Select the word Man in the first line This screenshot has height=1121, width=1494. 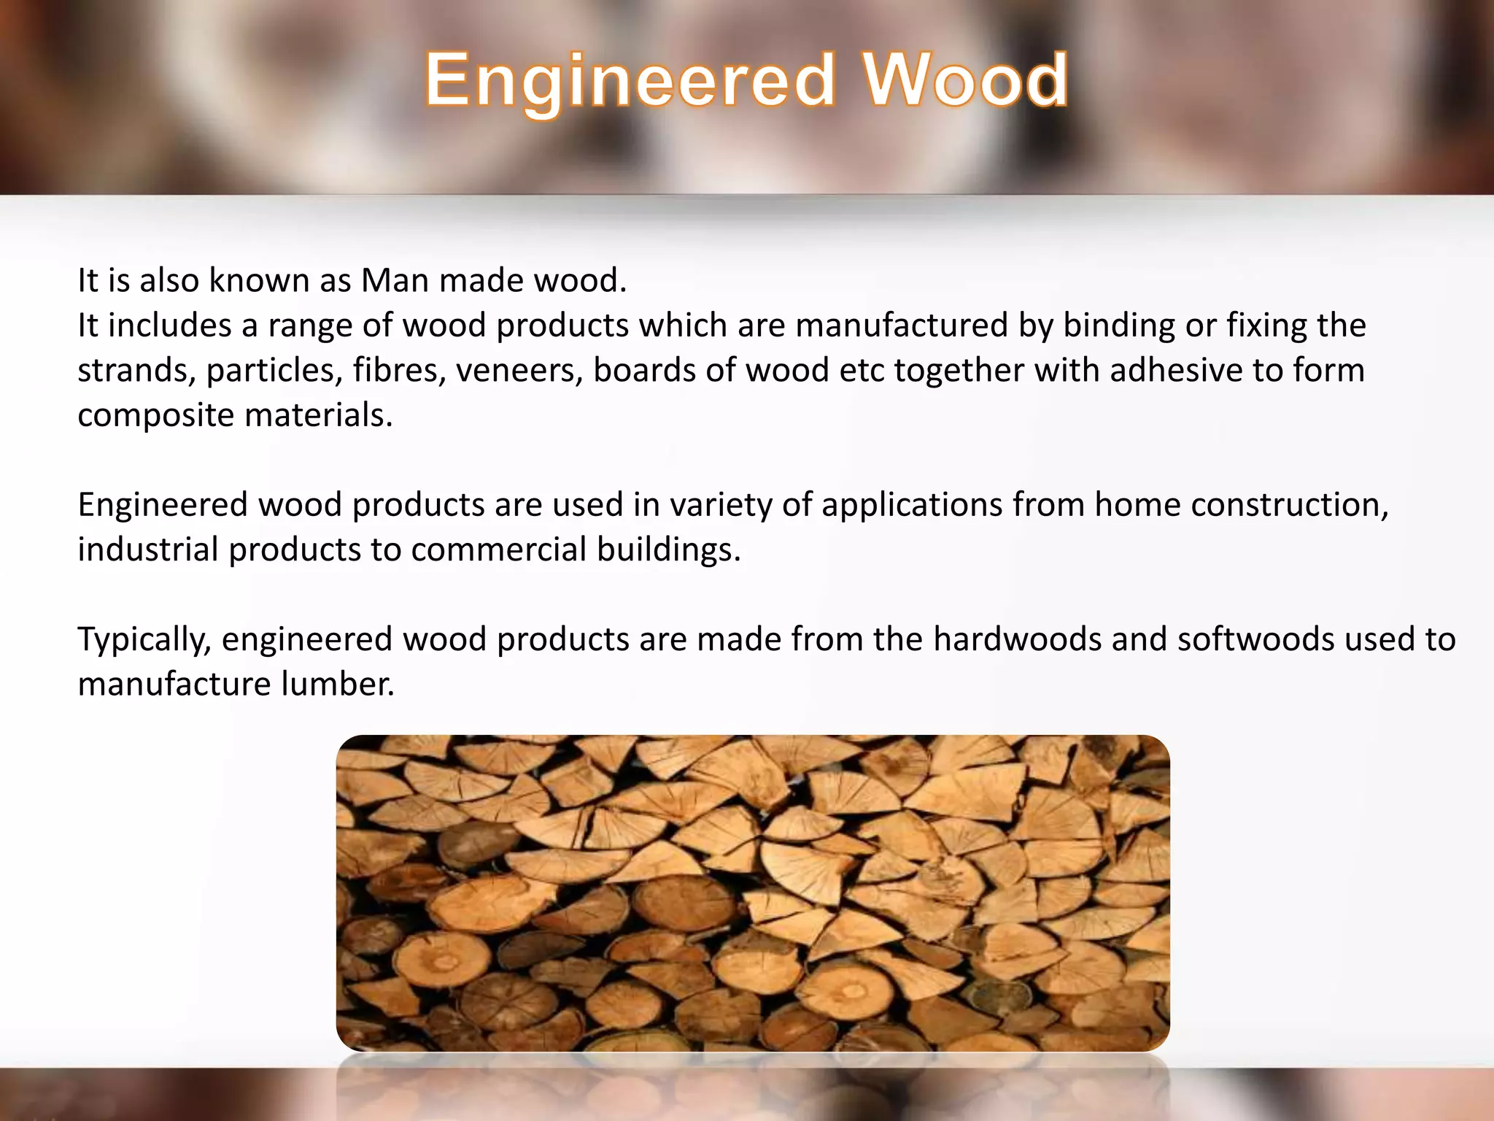coord(395,281)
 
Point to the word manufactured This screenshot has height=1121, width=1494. coord(902,325)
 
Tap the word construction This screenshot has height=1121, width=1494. coord(1290,505)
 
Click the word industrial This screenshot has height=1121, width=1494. coord(148,550)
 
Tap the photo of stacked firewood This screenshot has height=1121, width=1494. coord(753,893)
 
